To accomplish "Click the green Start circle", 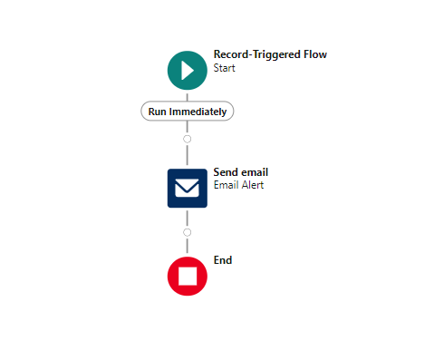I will tap(187, 70).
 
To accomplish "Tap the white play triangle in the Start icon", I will tap(188, 70).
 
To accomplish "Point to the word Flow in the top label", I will tap(315, 54).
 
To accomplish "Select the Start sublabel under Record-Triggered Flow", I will tap(224, 67).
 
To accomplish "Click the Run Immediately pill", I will tap(188, 111).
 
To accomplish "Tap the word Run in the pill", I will tap(158, 111).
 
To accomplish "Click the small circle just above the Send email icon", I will tap(188, 140).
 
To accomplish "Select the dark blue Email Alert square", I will tap(188, 188).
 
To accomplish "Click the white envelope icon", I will tap(188, 188).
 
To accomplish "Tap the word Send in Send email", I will tap(225, 172).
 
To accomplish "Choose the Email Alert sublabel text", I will tap(238, 185).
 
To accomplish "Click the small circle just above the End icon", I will tap(188, 232).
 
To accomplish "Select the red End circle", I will tap(188, 276).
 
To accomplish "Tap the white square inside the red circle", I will tap(188, 276).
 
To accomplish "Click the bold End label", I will tap(223, 260).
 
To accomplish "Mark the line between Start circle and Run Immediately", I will tap(188, 95).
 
